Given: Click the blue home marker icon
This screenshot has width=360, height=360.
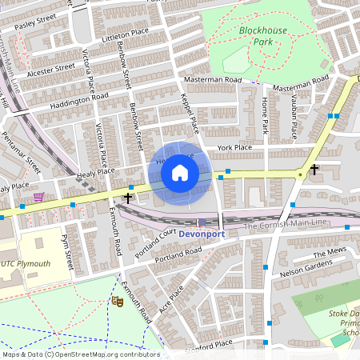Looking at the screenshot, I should point(180,172).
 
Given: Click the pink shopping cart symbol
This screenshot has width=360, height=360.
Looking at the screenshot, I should point(38,197).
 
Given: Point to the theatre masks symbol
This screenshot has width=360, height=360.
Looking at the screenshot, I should point(117,301).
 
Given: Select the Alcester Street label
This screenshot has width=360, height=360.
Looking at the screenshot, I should point(50,71).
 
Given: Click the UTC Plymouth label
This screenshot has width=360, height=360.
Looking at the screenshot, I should point(24,264).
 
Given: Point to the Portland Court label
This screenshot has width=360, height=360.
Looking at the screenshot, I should point(155,244).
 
